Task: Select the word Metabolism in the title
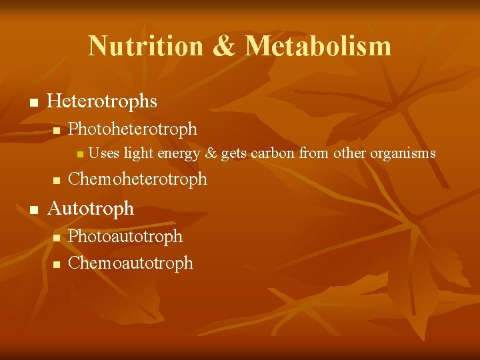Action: [318, 46]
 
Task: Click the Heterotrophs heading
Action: [103, 101]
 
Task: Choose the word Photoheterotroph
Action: [133, 128]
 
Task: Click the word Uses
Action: [104, 154]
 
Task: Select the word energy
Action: [179, 154]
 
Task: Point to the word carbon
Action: [273, 154]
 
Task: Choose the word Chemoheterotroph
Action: [138, 179]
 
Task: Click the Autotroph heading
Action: [91, 208]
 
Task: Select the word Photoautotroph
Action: [125, 237]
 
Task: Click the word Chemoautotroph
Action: [131, 263]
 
